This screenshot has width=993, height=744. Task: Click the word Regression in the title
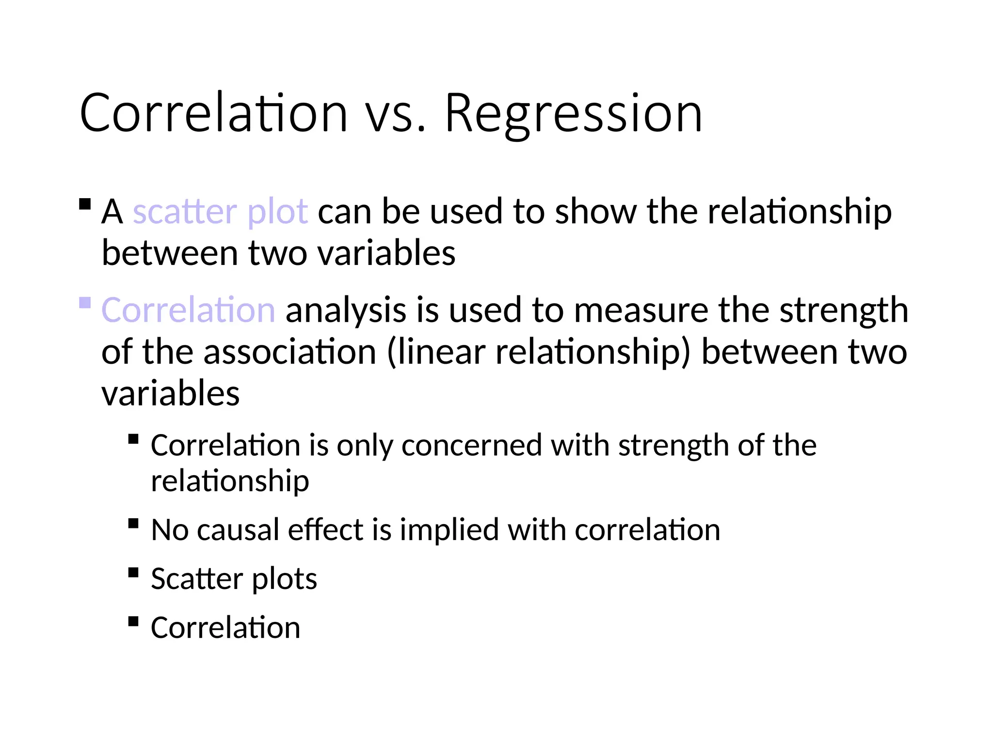point(573,113)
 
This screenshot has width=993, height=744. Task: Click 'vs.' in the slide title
point(395,113)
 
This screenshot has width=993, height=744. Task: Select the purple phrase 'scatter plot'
point(220,212)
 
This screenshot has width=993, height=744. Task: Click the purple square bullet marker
point(85,303)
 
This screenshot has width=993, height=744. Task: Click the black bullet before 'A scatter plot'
point(85,204)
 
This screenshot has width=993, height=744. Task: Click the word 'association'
point(289,352)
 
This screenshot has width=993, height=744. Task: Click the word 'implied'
point(449,529)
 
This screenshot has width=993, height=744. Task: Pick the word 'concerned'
point(471,445)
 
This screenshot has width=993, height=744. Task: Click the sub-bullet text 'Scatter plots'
point(234,578)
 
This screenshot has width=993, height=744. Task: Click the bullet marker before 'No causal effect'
point(134,524)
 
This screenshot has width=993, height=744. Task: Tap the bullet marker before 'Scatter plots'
point(134,573)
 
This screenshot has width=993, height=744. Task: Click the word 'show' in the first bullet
point(595,212)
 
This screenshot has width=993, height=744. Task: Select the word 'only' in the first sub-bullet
point(365,445)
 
